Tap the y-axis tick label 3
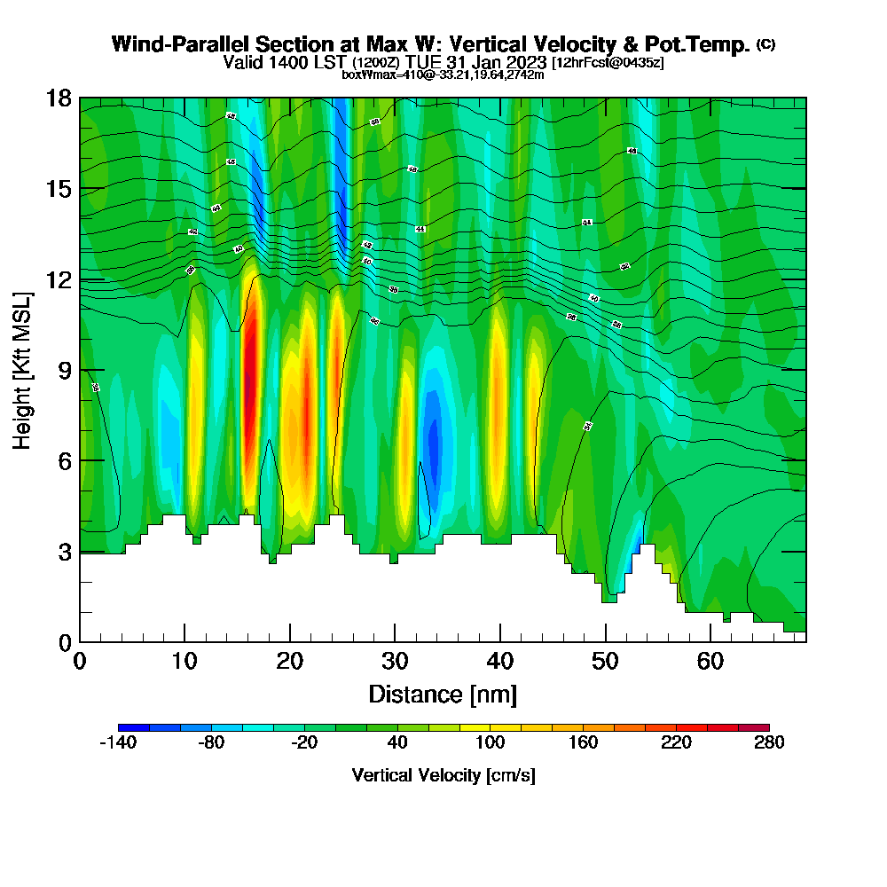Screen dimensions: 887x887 pyautogui.click(x=64, y=552)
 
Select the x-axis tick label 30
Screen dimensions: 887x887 pyautogui.click(x=395, y=662)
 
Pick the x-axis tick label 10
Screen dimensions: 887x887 pyautogui.click(x=184, y=662)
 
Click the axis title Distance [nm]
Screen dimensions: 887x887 pyautogui.click(x=443, y=694)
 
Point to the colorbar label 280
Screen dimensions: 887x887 pyautogui.click(x=769, y=743)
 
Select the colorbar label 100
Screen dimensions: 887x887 pyautogui.click(x=490, y=743)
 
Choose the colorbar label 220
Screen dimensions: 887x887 pyautogui.click(x=676, y=743)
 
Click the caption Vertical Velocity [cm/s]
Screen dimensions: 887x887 pyautogui.click(x=443, y=775)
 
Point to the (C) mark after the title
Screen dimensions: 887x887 pyautogui.click(x=765, y=44)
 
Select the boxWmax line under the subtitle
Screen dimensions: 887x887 pyautogui.click(x=443, y=75)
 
